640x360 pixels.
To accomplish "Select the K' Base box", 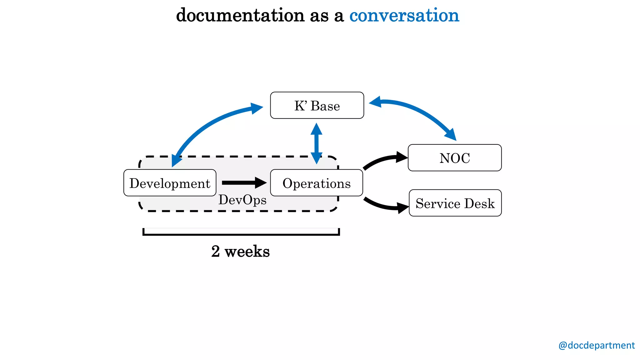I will pyautogui.click(x=317, y=105).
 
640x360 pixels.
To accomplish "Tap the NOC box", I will pyautogui.click(x=455, y=158).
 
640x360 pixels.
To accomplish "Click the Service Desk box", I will pyautogui.click(x=455, y=203).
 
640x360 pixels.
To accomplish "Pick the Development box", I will pyautogui.click(x=170, y=183).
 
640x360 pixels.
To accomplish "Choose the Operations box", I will pyautogui.click(x=316, y=183).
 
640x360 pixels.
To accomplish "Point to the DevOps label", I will pyautogui.click(x=242, y=200).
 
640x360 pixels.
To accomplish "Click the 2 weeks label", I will pyautogui.click(x=240, y=251).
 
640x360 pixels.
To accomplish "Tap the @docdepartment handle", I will pyautogui.click(x=596, y=345).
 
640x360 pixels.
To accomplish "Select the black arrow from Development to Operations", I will pyautogui.click(x=244, y=183).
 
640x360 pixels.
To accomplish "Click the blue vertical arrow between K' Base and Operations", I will pyautogui.click(x=316, y=143).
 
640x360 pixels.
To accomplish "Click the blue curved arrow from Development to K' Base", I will pyautogui.click(x=206, y=125).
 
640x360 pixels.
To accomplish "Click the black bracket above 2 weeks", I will pyautogui.click(x=241, y=234).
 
